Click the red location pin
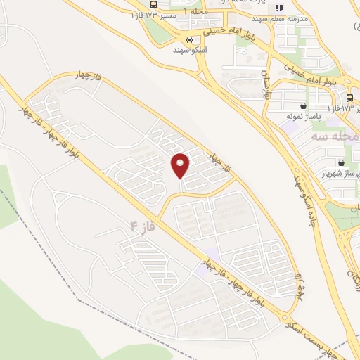point(181,166)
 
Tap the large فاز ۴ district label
point(142,228)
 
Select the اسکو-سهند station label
point(190,51)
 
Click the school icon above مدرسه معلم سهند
point(279,8)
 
